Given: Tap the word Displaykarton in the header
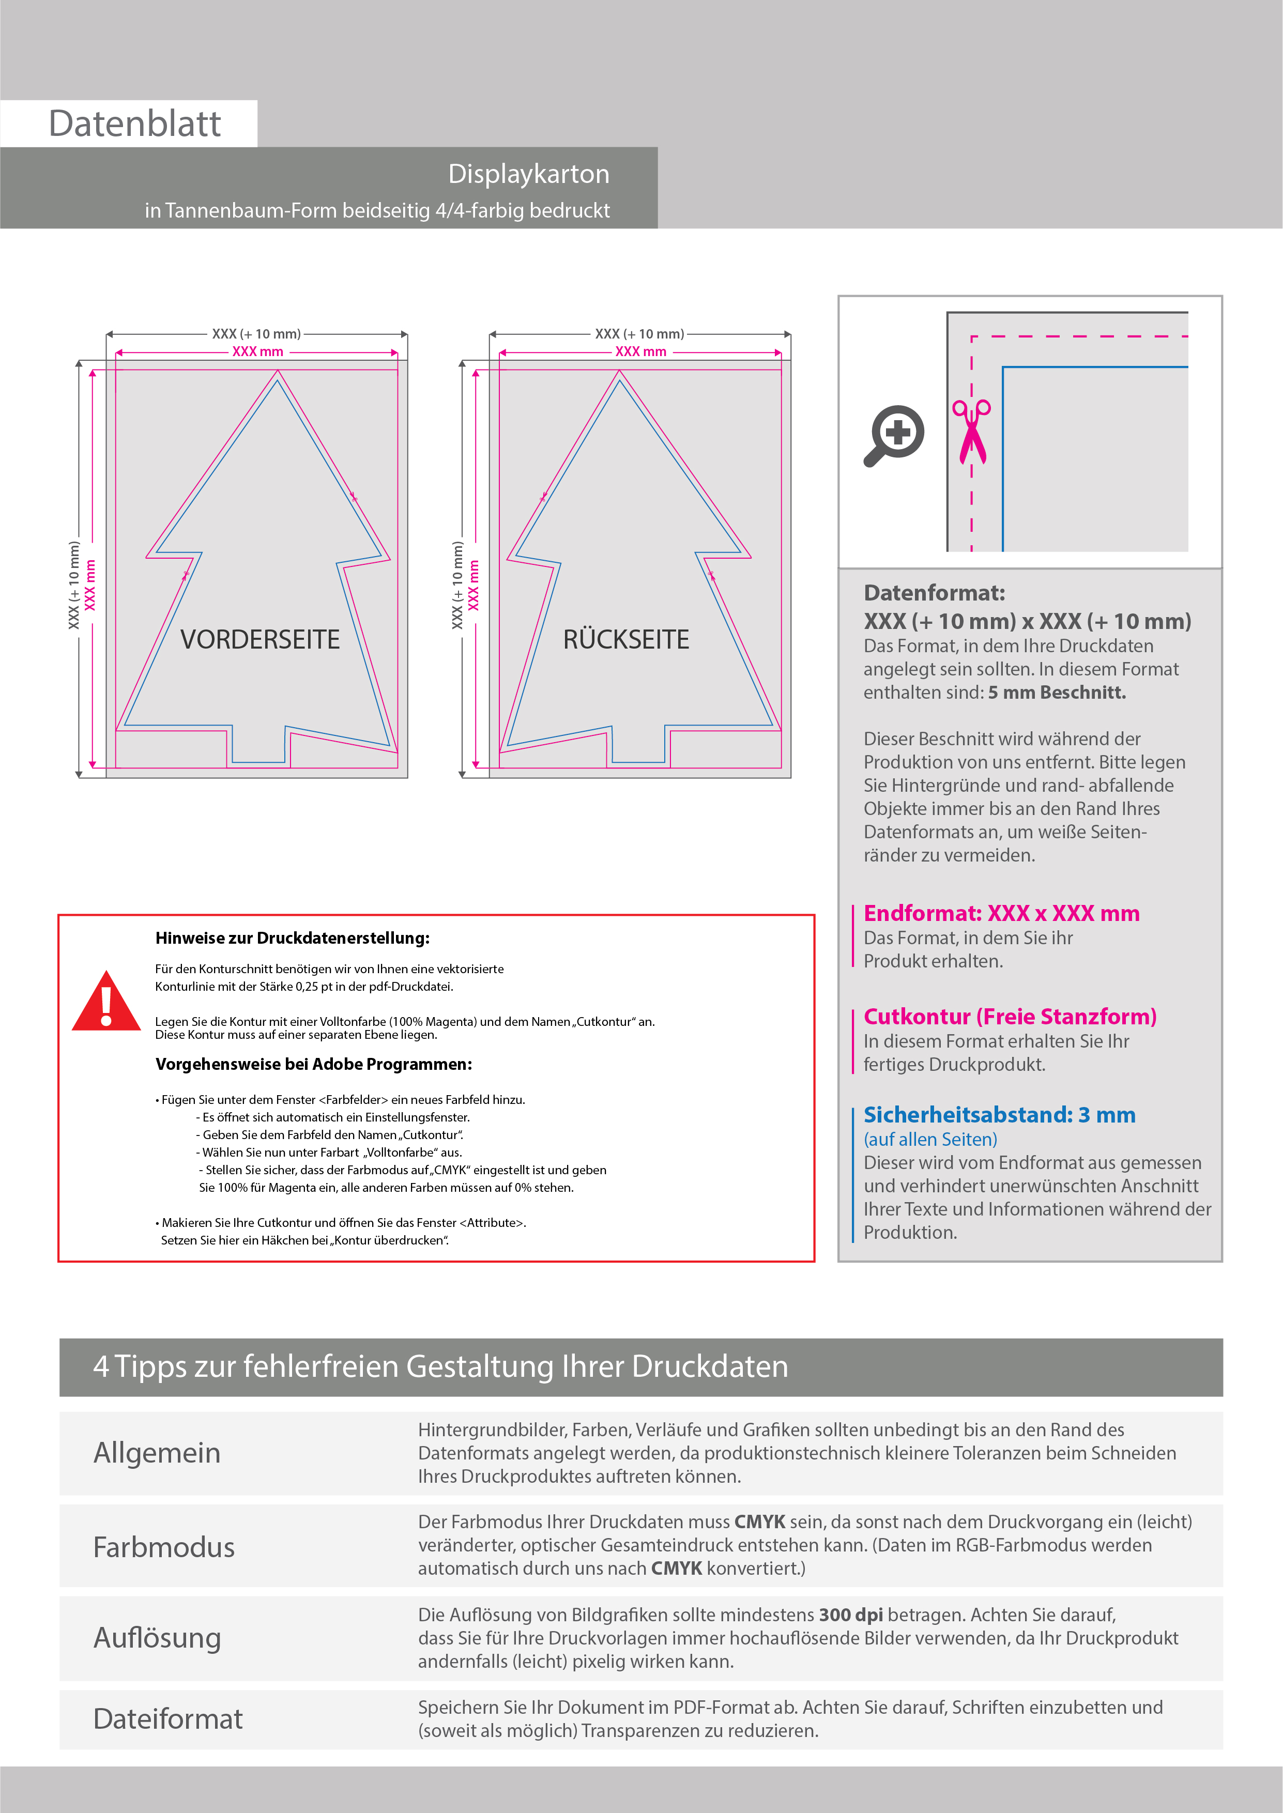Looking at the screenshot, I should pos(528,174).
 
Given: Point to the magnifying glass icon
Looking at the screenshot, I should pos(894,435).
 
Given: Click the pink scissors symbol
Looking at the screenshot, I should pos(972,431).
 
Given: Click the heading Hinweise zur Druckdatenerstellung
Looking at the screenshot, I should pos(292,938).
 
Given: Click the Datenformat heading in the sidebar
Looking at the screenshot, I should pos(934,592).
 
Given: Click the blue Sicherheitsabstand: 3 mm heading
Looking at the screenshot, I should pos(999,1114).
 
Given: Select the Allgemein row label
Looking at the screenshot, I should pos(157,1452).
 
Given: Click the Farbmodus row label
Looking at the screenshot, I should pos(163,1547).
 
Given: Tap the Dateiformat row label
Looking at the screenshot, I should pos(167,1718).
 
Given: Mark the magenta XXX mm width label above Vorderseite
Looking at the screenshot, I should pos(257,351).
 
